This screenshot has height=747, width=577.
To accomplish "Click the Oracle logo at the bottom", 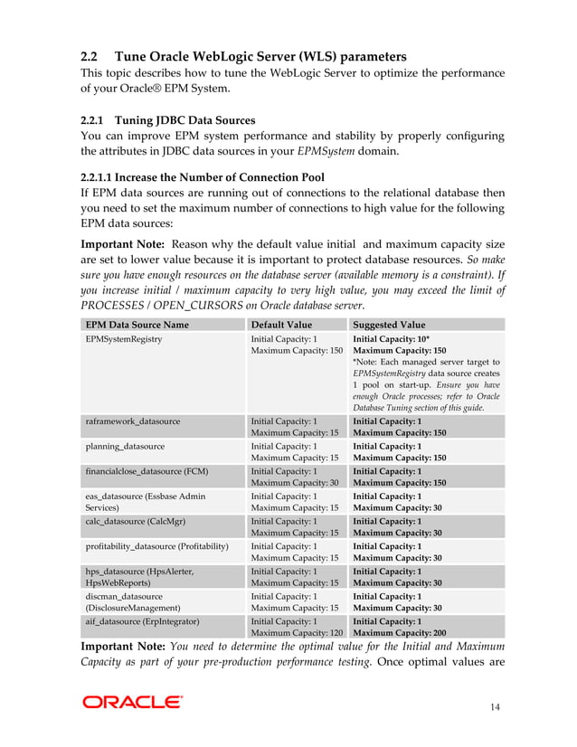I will coord(132,702).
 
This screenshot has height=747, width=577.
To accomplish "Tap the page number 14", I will coord(492,706).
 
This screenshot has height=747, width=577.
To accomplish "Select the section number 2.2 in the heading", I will coord(92,56).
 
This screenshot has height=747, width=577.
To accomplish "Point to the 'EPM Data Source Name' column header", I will coord(137,325).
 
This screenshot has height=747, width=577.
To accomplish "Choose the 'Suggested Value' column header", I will coord(389,325).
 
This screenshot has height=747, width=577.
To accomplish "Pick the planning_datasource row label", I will coord(126,447).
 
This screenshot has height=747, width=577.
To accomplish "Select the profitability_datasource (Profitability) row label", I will coord(156,546).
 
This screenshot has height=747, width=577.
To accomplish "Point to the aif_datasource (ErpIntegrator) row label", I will coord(142,621).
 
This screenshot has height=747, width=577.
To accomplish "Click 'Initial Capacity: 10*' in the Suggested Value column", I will coord(390,338).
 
